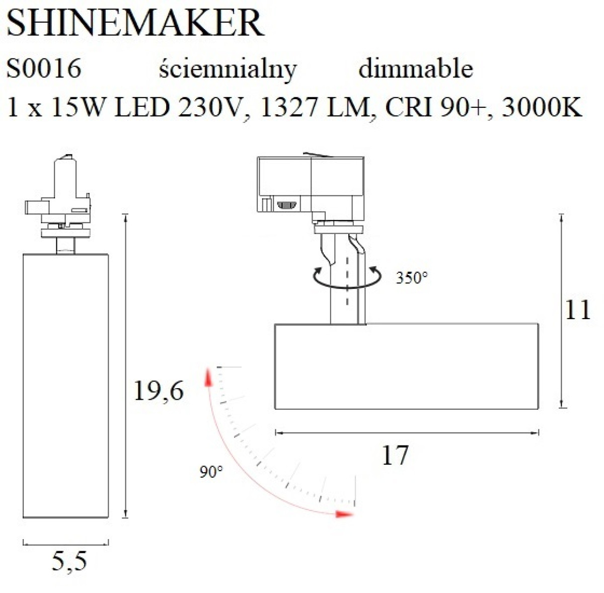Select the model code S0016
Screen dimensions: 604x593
point(44,68)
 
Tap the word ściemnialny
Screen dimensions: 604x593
point(228,70)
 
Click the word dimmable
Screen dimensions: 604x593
point(416,68)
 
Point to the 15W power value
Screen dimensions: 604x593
point(78,107)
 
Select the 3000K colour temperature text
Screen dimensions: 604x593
point(542,107)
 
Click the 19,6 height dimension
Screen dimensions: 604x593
point(159,391)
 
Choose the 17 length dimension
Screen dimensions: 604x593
point(395,455)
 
